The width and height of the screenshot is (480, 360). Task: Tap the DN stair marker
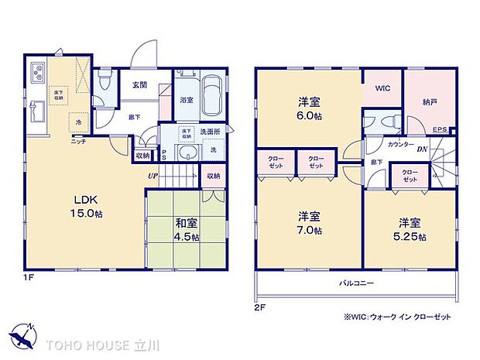click(x=423, y=149)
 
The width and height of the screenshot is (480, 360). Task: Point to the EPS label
click(x=439, y=129)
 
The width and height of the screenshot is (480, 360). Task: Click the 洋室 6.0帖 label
click(x=309, y=108)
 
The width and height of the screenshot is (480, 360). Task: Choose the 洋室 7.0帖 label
click(x=309, y=222)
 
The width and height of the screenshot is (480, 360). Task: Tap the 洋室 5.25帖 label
click(x=409, y=228)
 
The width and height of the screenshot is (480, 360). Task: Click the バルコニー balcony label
click(x=357, y=283)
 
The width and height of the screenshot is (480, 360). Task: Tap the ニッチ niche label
click(x=79, y=140)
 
